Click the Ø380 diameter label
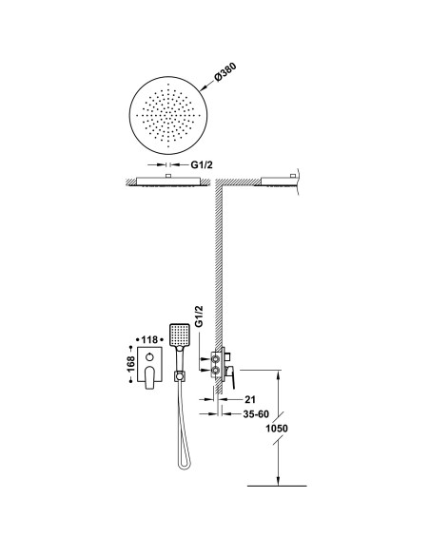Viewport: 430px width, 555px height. [x=225, y=72]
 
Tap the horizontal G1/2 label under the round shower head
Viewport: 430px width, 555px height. [x=202, y=164]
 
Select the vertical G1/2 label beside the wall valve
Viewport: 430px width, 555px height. [x=200, y=316]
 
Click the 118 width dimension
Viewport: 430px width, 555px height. [x=149, y=340]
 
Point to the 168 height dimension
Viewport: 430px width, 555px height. [x=130, y=364]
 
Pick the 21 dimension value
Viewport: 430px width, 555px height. [x=250, y=399]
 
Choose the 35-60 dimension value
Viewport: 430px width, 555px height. [x=256, y=413]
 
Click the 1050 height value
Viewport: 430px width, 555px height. [x=277, y=429]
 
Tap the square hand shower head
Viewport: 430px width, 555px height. [x=180, y=335]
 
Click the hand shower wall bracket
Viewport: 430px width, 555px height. [x=179, y=376]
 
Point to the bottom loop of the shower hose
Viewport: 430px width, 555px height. [x=185, y=464]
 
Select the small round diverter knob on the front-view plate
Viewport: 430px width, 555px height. [x=149, y=356]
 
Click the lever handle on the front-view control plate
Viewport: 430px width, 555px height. [x=149, y=378]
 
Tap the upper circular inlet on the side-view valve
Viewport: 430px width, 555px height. [x=215, y=359]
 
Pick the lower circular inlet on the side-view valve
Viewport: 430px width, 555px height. [x=215, y=371]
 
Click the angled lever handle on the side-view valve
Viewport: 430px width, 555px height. [x=230, y=377]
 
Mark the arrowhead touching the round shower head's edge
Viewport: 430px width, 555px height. [x=203, y=87]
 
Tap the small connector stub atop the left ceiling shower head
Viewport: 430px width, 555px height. [x=168, y=176]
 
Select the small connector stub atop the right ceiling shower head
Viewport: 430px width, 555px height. [x=293, y=176]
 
